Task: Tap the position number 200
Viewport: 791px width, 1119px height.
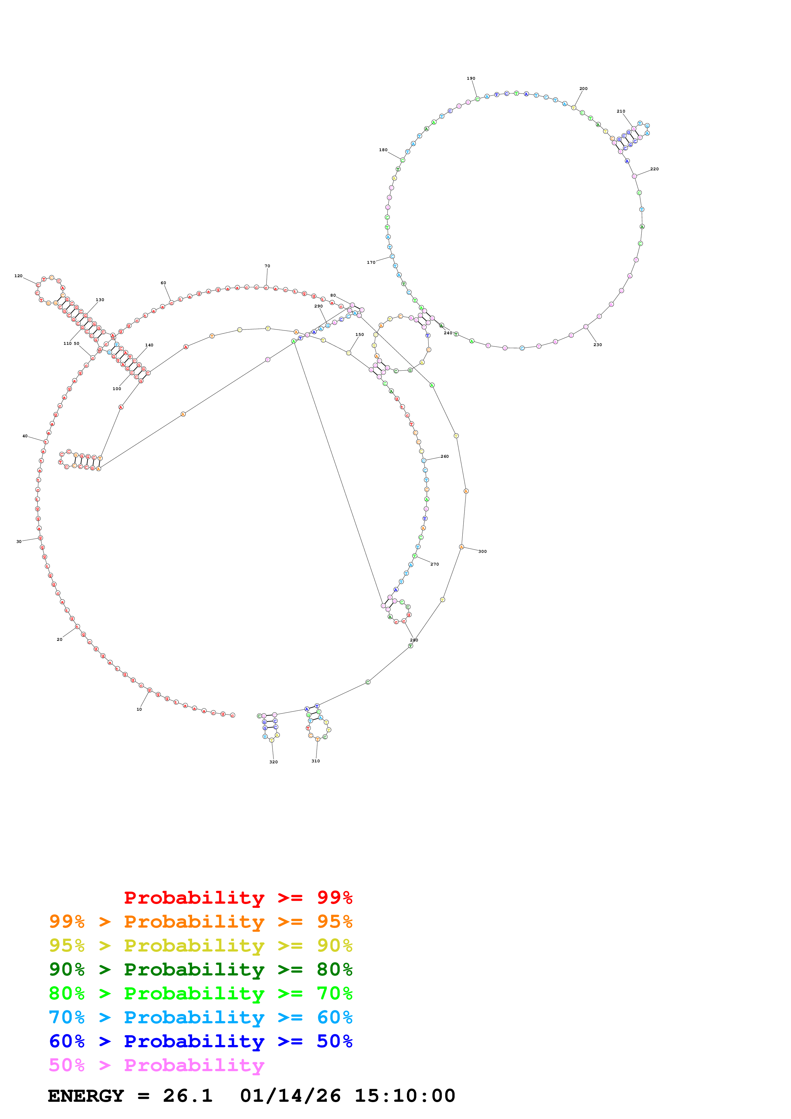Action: coord(583,89)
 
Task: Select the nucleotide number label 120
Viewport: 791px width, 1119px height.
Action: coord(19,276)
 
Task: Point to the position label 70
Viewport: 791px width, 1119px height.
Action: coord(267,266)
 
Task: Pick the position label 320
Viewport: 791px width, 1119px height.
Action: coord(273,762)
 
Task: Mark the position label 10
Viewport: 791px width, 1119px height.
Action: coord(139,709)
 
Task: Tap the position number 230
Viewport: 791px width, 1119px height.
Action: coord(598,345)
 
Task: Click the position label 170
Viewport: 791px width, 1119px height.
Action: coord(371,262)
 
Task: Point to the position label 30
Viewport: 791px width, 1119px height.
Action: coord(19,541)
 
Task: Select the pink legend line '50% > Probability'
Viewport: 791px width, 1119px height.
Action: coord(156,1065)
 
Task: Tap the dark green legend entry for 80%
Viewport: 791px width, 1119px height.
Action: coord(200,969)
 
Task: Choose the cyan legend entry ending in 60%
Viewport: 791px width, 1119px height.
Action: coord(200,1018)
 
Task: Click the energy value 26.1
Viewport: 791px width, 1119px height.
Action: coord(188,1096)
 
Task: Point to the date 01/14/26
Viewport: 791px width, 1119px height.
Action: coord(290,1096)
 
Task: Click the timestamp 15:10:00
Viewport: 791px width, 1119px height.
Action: coord(405,1096)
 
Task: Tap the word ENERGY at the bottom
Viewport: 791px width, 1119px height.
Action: coord(86,1096)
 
